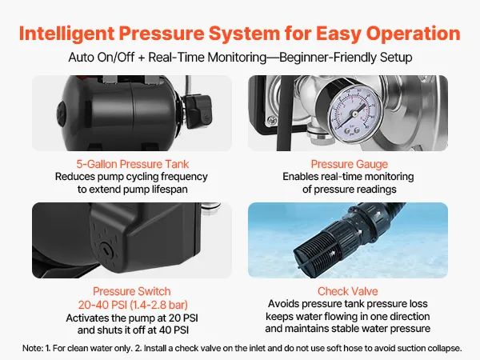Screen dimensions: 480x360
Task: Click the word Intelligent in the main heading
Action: click(66, 34)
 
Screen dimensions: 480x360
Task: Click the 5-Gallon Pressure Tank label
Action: click(133, 164)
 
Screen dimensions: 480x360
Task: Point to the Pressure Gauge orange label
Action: click(350, 164)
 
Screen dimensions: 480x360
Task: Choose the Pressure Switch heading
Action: click(132, 291)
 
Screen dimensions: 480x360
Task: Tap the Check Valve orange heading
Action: click(348, 291)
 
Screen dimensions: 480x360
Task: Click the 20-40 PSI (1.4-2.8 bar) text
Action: click(133, 305)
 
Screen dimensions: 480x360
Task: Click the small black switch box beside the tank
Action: click(198, 111)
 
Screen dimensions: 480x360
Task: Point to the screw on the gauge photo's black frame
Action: click(271, 120)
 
